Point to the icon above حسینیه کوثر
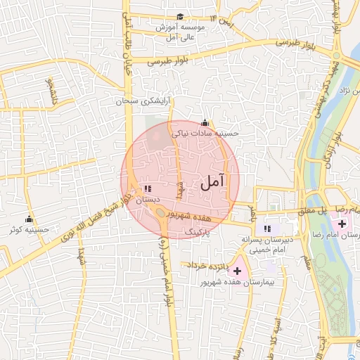30,219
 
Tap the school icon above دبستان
147,188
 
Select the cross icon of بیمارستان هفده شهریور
237,271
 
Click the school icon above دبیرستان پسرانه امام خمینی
266,228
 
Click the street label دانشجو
50,91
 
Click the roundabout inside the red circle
161,212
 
